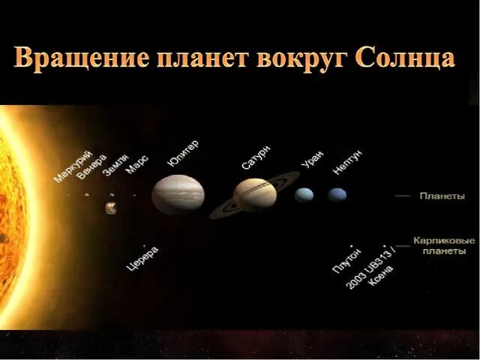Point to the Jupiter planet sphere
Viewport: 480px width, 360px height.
click(x=178, y=195)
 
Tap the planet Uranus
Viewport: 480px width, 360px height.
click(x=304, y=195)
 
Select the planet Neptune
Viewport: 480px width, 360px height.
click(x=337, y=195)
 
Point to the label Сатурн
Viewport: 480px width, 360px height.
click(x=256, y=158)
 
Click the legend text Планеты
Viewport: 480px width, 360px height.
click(x=442, y=196)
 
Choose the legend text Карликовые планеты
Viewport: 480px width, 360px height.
click(x=444, y=246)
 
